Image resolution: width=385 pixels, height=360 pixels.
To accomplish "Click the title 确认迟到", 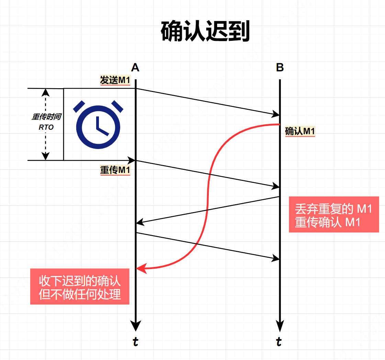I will point(205,31).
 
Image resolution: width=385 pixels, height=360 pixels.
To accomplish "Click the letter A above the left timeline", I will point(135,68).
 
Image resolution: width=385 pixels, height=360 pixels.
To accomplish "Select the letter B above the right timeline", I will point(280,68).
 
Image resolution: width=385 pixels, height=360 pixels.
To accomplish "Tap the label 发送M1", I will point(115,80).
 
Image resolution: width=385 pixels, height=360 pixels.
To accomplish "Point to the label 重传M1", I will point(115,170).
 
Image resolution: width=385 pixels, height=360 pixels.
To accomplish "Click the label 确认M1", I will point(300,131).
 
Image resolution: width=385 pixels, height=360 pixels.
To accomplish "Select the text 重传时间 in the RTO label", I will point(46,117).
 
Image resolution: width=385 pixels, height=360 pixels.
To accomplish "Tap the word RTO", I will point(46,127).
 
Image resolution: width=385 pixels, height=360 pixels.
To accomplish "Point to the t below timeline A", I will point(136,342).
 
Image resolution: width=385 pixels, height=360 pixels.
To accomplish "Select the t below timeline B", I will point(280,342).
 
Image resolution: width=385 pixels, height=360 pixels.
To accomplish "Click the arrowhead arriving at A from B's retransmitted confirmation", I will point(139,223).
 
